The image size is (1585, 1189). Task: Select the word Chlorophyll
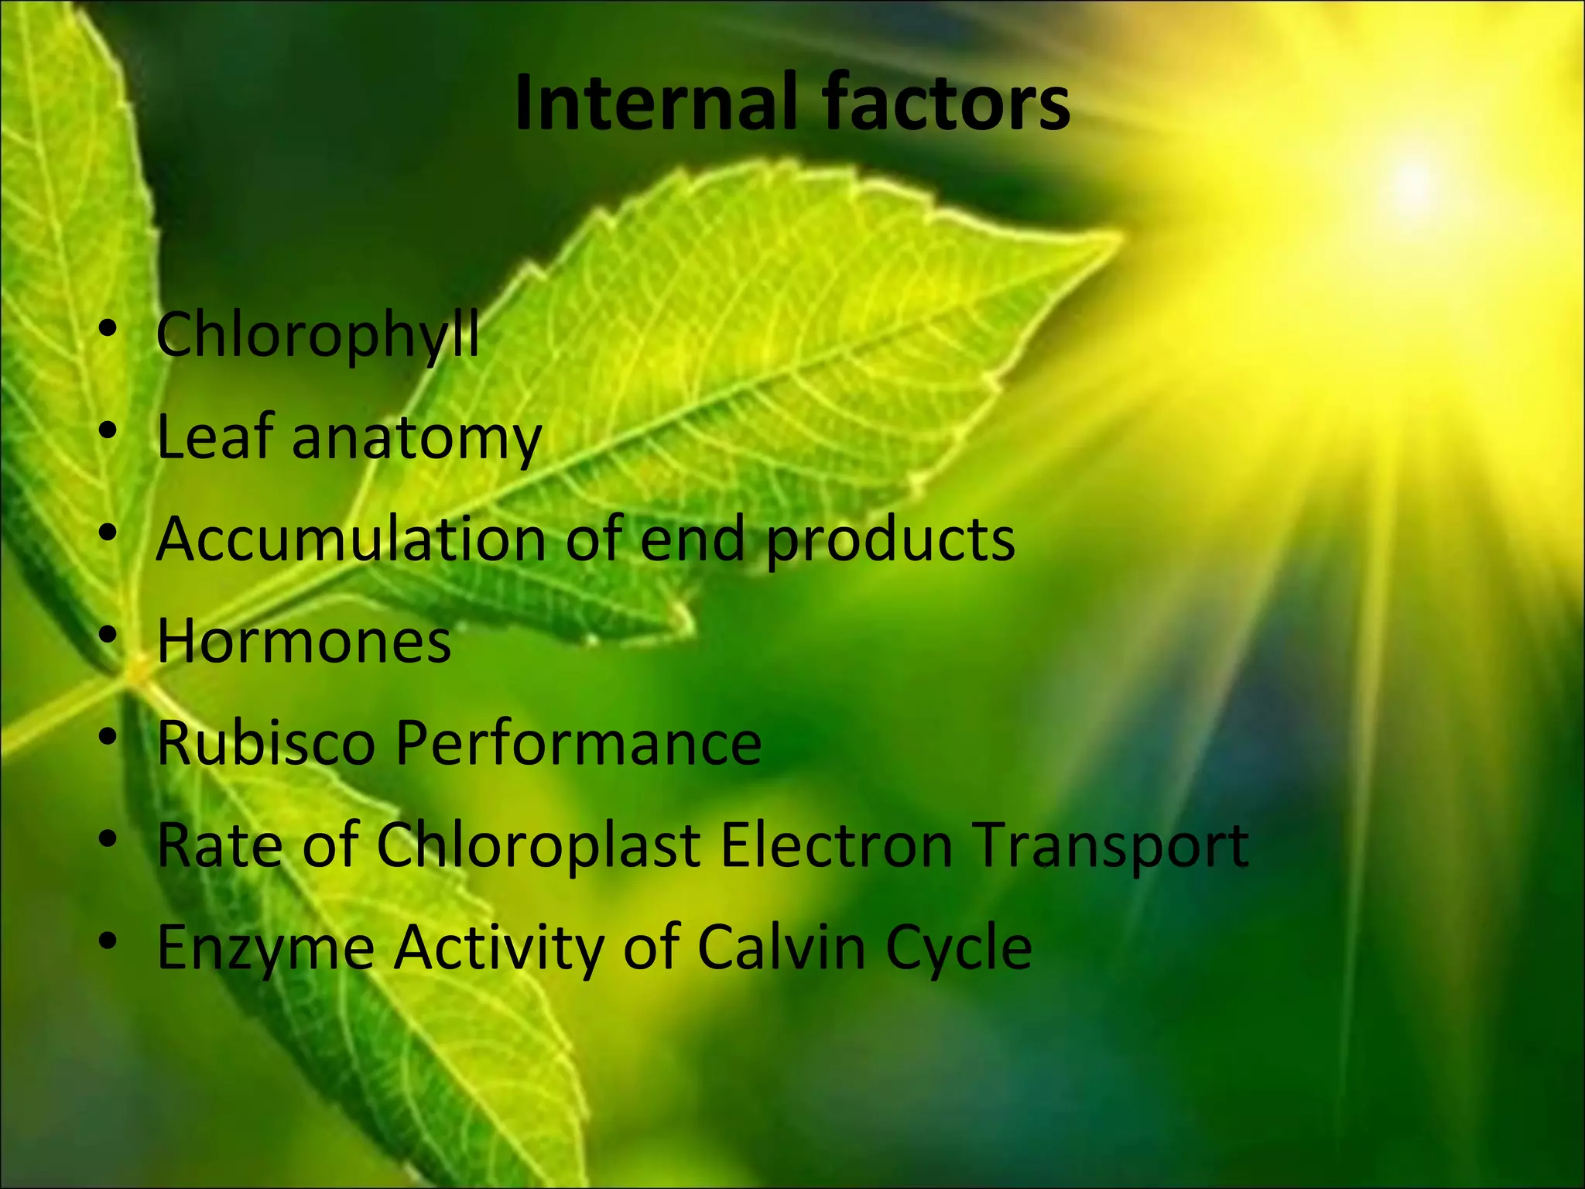click(x=317, y=336)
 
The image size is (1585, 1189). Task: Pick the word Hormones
click(x=303, y=641)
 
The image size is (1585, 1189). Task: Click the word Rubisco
click(x=265, y=742)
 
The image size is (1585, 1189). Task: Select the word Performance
click(x=578, y=742)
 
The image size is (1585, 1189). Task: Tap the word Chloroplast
click(x=539, y=846)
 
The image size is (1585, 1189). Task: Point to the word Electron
click(x=837, y=845)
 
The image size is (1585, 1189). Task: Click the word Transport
click(x=1111, y=846)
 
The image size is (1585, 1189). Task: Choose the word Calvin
click(x=781, y=947)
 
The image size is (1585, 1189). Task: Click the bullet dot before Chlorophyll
click(x=108, y=328)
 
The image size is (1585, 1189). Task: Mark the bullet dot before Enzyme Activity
click(x=108, y=940)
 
